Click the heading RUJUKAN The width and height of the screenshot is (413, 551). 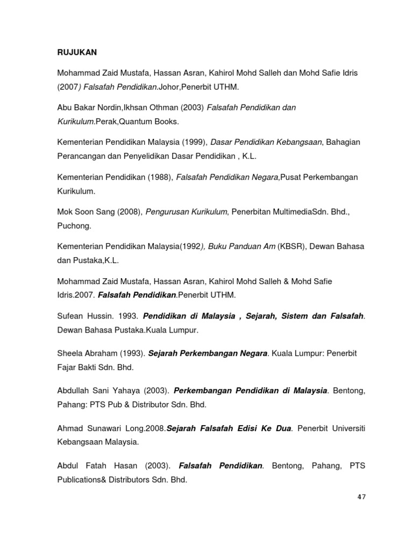pos(77,53)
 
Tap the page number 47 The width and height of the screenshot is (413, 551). pos(361,497)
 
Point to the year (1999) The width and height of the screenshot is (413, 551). pos(193,142)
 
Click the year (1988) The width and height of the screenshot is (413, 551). pos(160,177)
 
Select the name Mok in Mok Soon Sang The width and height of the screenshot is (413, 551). pos(65,213)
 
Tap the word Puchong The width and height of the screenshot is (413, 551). pos(74,226)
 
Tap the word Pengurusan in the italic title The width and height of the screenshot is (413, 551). pos(166,213)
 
